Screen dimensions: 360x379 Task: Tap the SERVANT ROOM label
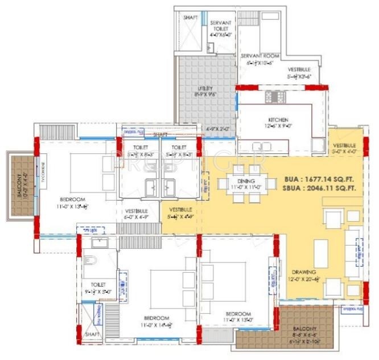coord(258,56)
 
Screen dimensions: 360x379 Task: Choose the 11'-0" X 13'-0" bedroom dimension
coord(237,320)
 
